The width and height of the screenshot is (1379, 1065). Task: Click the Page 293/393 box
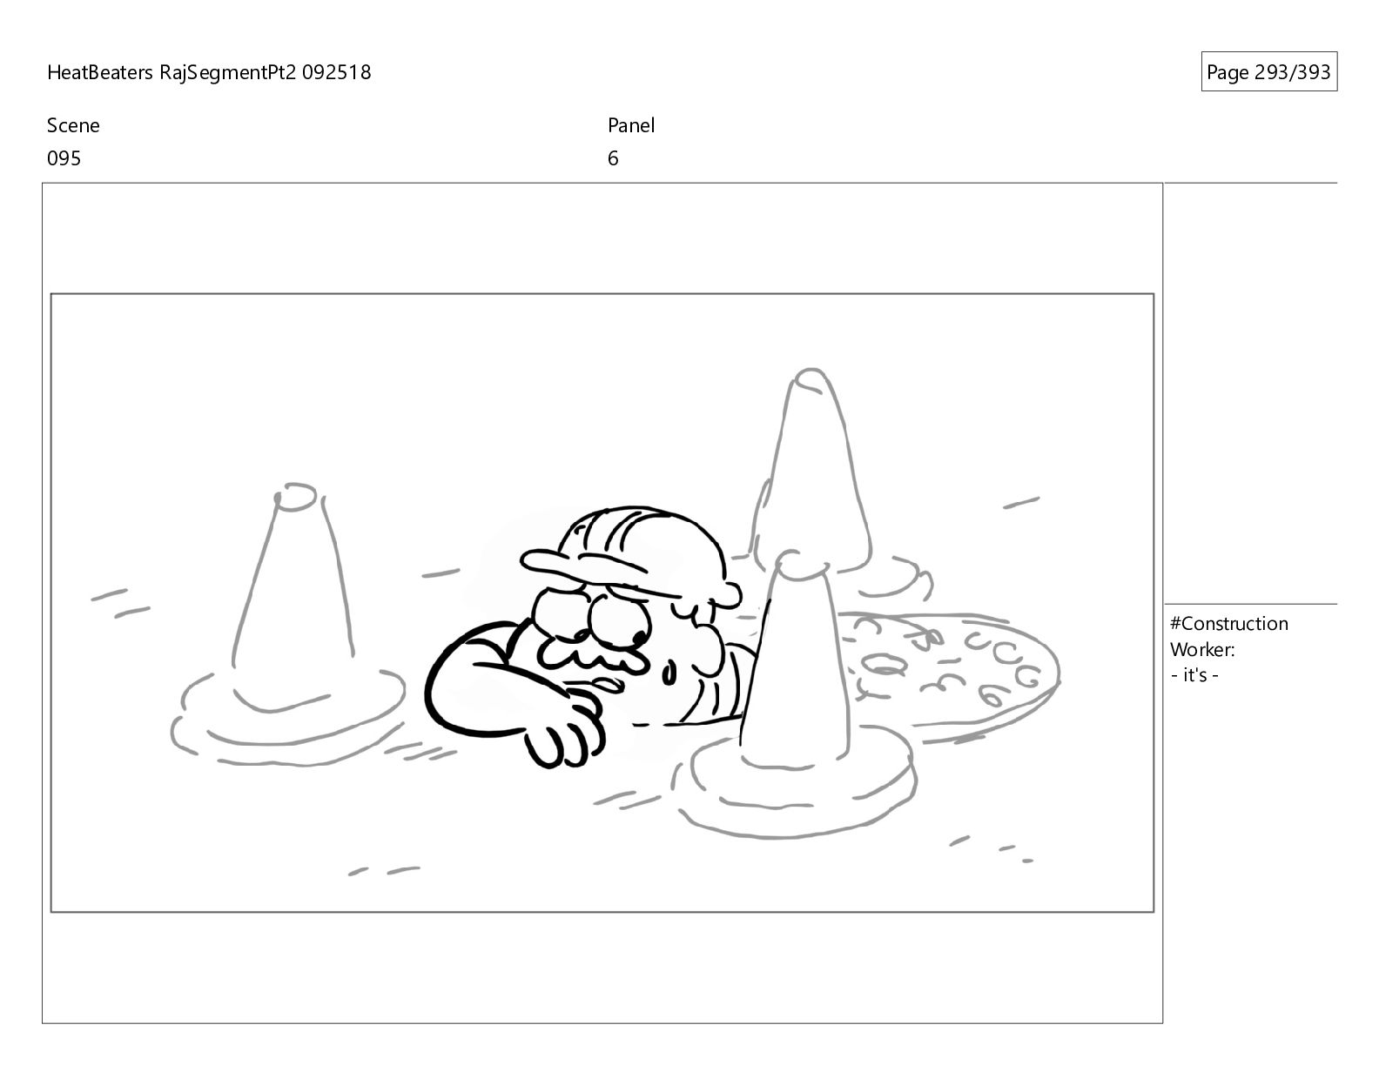pos(1268,71)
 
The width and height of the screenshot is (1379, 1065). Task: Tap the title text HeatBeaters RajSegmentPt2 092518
pos(209,72)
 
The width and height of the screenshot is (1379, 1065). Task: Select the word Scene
pos(73,125)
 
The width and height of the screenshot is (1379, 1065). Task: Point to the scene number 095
pos(64,158)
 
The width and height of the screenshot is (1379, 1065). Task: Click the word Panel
pos(631,125)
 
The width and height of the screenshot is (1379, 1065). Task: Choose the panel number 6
pos(612,158)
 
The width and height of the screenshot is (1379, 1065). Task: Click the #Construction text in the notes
pos(1228,624)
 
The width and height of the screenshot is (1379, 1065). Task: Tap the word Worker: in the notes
pos(1202,650)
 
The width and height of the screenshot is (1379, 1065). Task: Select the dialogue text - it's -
pos(1194,675)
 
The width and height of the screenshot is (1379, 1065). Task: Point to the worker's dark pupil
pos(640,636)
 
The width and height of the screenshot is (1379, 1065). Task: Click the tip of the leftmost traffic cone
pos(295,496)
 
